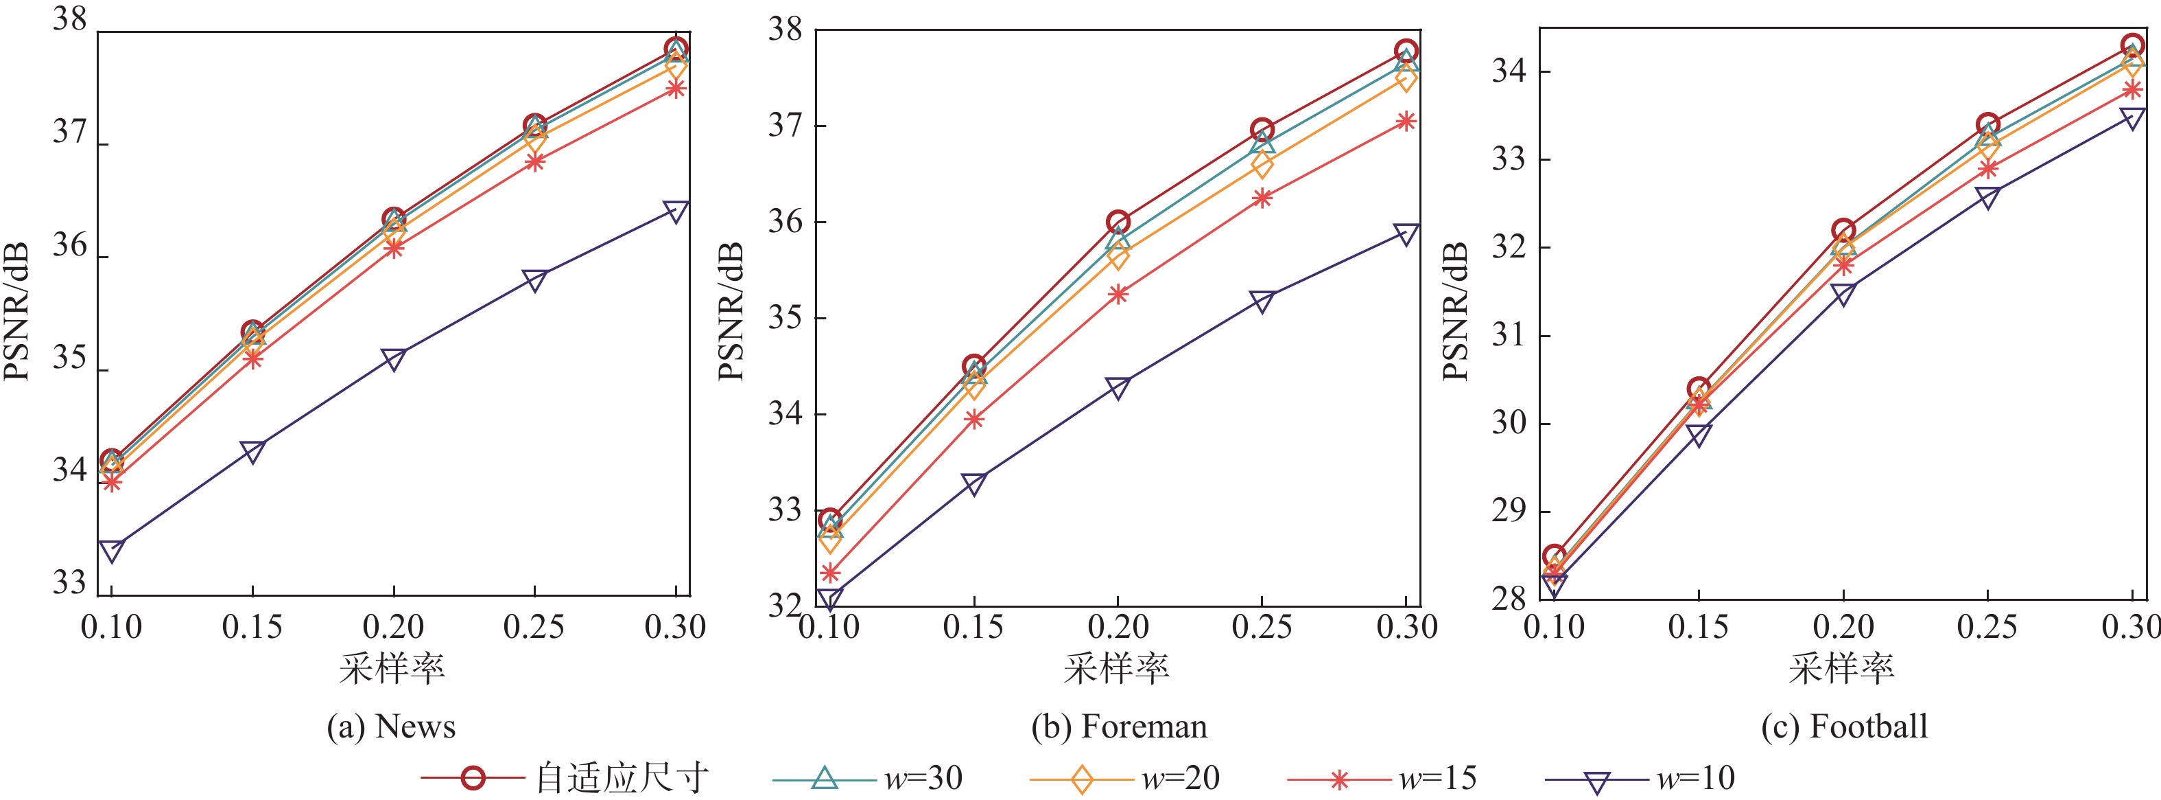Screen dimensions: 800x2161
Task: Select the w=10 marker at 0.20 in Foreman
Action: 1118,387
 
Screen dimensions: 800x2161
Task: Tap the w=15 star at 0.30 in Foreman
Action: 1406,122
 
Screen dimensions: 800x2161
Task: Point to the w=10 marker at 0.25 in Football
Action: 1987,197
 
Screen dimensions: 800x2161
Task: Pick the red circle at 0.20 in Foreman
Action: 1118,223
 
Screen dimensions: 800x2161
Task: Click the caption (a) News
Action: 391,726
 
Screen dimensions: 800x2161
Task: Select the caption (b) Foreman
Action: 1119,726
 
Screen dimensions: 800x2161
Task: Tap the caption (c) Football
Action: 1844,726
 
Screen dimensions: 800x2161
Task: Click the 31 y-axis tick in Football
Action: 1509,335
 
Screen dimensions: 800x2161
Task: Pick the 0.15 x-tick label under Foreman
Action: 973,627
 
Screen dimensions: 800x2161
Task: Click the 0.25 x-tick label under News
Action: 534,627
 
